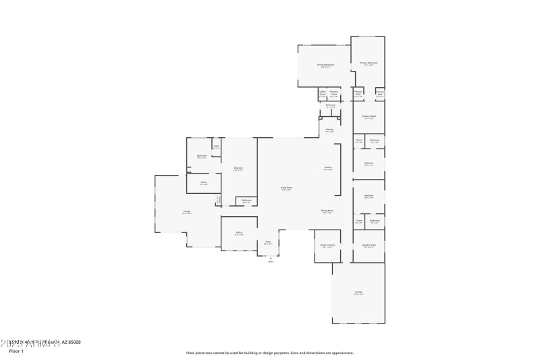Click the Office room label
pos(239,234)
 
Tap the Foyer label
pos(268,242)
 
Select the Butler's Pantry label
pos(327,247)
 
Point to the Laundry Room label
pos(369,246)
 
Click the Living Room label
pos(286,188)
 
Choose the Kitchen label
pos(327,168)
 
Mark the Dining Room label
pos(327,211)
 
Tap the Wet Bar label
pos(329,130)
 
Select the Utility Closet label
pos(322,94)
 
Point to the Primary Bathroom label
pos(369,63)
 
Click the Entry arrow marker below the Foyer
pos(271,259)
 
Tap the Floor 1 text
pos(16,351)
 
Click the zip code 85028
pos(73,342)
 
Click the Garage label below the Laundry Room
pos(358,292)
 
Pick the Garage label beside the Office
pos(186,213)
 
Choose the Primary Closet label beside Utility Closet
pos(333,94)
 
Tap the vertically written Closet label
pos(218,199)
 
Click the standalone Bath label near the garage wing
pos(217,147)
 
